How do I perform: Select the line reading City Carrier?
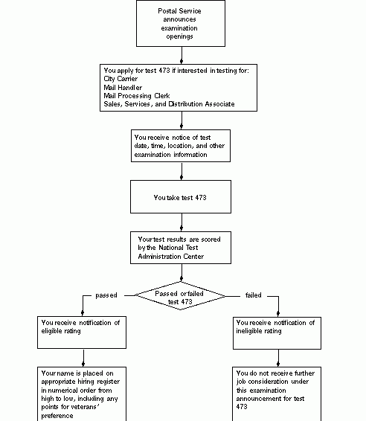click(x=121, y=78)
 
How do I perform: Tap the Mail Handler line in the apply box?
click(x=123, y=87)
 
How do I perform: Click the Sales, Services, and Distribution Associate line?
click(x=169, y=105)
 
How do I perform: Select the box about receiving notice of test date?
click(x=180, y=146)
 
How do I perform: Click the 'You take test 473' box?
click(x=180, y=199)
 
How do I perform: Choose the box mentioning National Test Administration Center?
click(x=180, y=248)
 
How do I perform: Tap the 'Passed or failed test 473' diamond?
click(x=179, y=296)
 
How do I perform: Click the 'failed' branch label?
click(x=253, y=295)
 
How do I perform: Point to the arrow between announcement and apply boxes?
click(x=180, y=56)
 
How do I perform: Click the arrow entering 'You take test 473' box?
click(x=180, y=172)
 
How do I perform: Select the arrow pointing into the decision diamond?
click(x=180, y=274)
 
